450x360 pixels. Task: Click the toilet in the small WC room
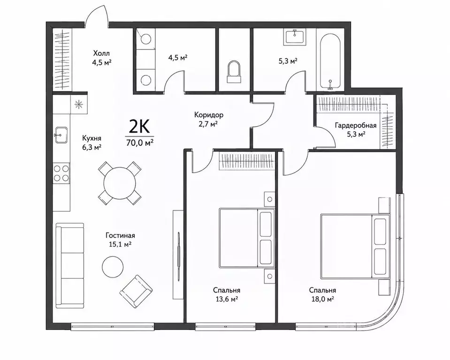point(234,72)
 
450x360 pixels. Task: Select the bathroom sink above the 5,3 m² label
point(295,37)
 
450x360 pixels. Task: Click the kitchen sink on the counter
point(61,135)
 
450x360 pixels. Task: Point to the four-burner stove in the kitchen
point(61,173)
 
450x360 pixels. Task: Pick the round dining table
point(120,183)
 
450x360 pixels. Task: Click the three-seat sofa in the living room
point(70,265)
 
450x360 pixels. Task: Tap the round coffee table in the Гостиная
point(113,267)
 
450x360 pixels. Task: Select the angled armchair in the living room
point(136,292)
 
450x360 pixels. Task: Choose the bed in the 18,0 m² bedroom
point(355,246)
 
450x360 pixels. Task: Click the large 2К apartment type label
point(139,127)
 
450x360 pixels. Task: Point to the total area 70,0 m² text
point(140,142)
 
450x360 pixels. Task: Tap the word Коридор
point(209,115)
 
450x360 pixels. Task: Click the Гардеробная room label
point(356,125)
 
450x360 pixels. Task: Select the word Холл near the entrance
point(101,53)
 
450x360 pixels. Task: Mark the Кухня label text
point(92,138)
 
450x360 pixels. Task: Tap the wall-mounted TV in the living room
point(178,254)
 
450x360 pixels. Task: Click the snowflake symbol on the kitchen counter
point(78,105)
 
